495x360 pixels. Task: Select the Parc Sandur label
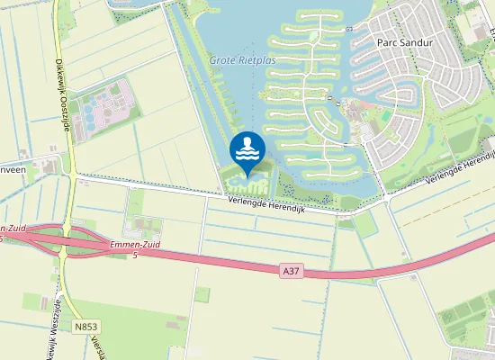pyautogui.click(x=404, y=42)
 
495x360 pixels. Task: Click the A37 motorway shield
pyautogui.click(x=288, y=270)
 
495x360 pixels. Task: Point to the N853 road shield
pyautogui.click(x=85, y=328)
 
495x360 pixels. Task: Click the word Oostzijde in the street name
pyautogui.click(x=67, y=112)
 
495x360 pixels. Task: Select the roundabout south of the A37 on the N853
pyautogui.click(x=64, y=254)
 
